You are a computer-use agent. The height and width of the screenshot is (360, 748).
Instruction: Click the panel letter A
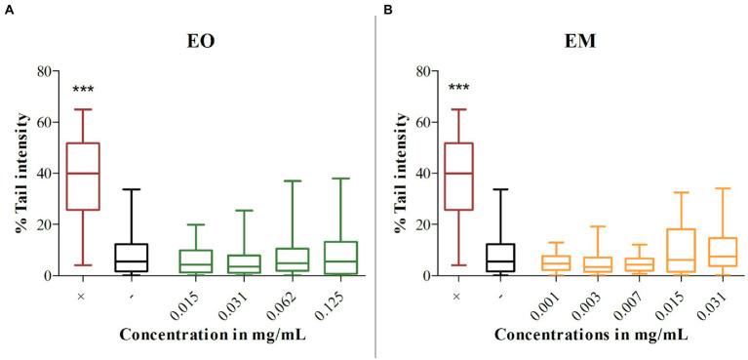6,8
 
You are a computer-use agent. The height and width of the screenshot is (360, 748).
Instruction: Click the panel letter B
387,8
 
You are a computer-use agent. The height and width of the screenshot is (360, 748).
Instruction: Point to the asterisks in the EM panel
457,91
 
